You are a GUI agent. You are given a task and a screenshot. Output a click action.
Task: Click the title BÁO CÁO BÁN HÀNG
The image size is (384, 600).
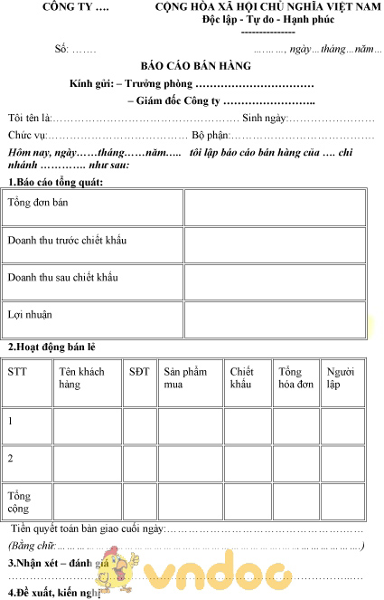(196, 66)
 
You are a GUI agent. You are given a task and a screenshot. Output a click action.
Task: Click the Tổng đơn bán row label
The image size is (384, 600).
(37, 203)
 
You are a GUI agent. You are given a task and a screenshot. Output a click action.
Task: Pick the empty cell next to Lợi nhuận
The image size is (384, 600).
(275, 319)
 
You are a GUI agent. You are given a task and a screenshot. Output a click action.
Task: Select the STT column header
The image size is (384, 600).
(17, 372)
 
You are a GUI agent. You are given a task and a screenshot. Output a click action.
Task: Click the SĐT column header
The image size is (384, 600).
(139, 372)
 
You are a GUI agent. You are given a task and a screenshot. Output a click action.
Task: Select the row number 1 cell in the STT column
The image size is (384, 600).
(11, 421)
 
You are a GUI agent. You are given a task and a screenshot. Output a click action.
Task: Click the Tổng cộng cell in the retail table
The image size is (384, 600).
(19, 502)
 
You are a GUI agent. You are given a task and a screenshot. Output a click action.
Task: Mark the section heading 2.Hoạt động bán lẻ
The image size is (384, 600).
(52, 348)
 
